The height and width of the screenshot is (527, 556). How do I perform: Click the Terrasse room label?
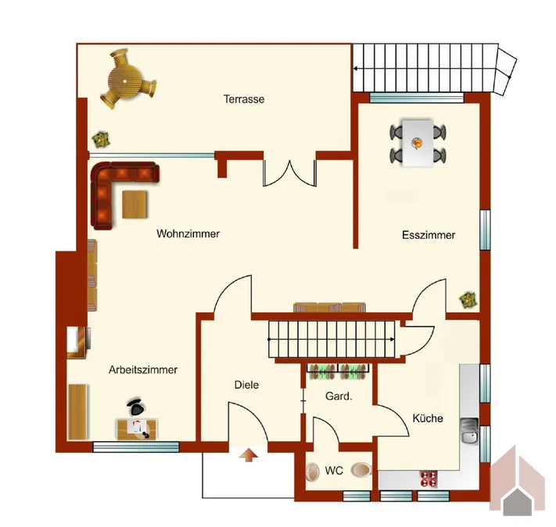click(x=244, y=99)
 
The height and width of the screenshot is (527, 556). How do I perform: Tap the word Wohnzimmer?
click(x=188, y=233)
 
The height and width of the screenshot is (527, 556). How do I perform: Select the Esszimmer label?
click(x=429, y=235)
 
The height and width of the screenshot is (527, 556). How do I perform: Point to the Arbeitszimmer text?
click(x=143, y=370)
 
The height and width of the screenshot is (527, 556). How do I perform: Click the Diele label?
click(x=246, y=385)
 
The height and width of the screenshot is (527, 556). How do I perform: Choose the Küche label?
click(x=428, y=418)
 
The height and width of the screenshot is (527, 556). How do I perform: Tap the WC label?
click(x=334, y=471)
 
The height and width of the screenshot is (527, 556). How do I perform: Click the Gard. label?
click(x=339, y=397)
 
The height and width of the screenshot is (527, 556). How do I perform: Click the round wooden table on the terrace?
click(x=125, y=81)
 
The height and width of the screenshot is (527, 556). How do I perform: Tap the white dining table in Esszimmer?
click(x=418, y=143)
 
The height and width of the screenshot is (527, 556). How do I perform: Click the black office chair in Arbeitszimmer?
click(x=137, y=407)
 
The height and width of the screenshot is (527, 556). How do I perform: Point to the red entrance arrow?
click(x=249, y=454)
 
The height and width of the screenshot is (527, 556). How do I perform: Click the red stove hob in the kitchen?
click(x=429, y=479)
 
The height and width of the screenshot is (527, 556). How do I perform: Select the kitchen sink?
click(x=470, y=430)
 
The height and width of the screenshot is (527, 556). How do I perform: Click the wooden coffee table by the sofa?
click(x=135, y=205)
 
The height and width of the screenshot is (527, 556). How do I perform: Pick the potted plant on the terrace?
click(x=101, y=141)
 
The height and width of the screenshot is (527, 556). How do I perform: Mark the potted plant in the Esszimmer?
click(x=468, y=300)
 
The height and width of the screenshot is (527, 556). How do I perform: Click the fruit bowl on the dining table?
click(x=417, y=143)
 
